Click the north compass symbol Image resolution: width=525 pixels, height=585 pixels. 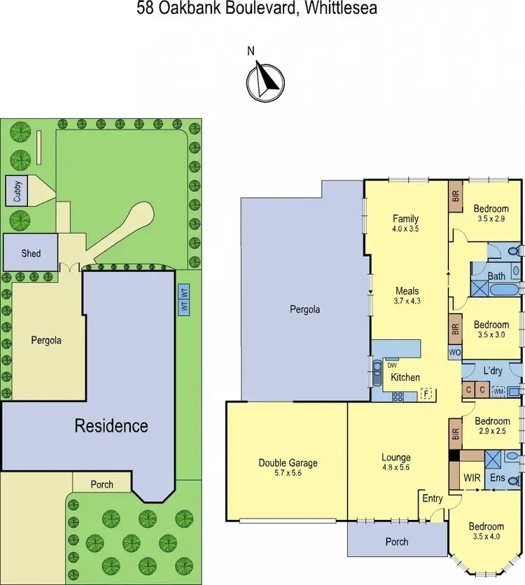click(265, 79)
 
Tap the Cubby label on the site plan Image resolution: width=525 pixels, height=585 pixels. click(17, 190)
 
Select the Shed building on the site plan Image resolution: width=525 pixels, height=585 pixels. click(31, 253)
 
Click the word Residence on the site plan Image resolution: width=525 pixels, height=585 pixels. click(111, 425)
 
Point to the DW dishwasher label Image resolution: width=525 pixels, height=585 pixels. click(392, 365)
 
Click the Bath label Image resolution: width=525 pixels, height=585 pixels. click(496, 276)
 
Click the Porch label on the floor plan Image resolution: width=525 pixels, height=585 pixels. click(396, 542)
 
